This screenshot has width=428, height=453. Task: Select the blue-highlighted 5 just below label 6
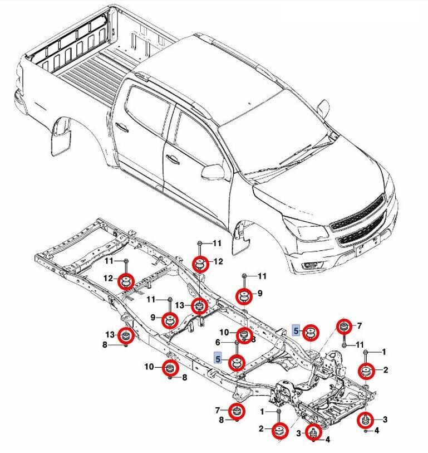coord(219,359)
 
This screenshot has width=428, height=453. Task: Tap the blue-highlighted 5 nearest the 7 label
coord(297,330)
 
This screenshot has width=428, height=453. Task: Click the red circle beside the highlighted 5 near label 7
coord(312,333)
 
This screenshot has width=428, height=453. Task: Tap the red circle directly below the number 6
coord(238,362)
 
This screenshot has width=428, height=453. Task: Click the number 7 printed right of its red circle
coord(360,325)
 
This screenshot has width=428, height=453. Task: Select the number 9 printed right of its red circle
coord(259,293)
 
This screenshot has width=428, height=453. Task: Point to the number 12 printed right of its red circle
coord(218,261)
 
